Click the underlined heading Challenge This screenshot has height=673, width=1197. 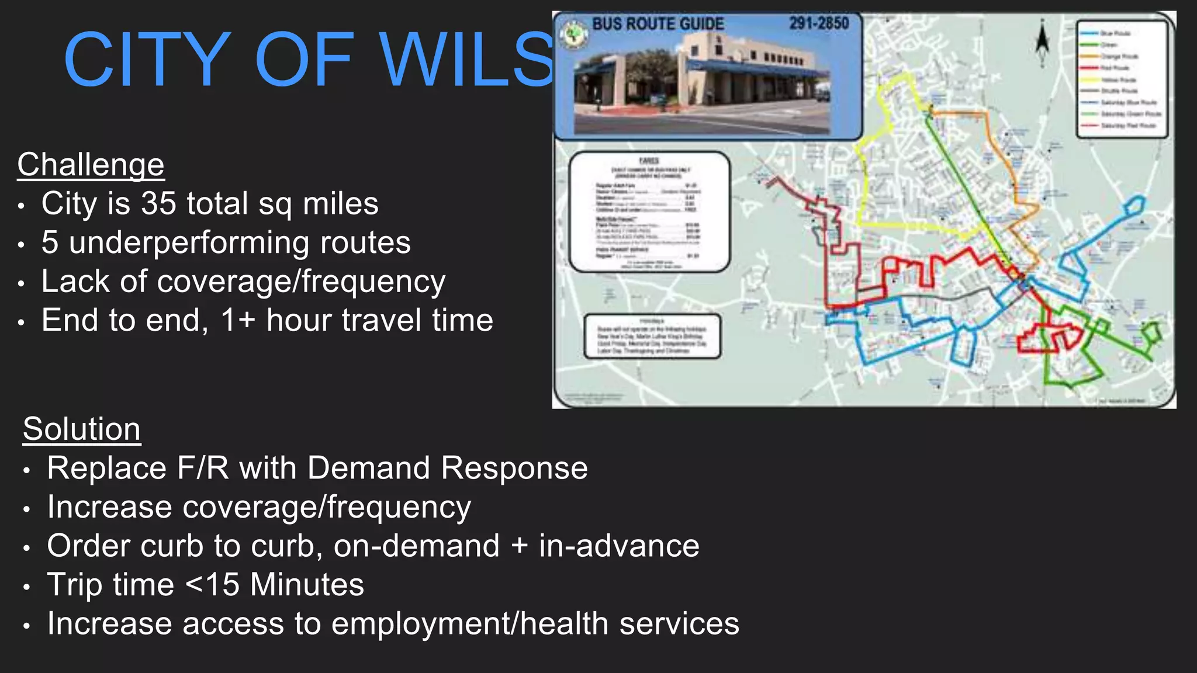coord(91,165)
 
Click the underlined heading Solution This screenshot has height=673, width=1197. coord(82,429)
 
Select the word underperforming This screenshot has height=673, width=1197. coord(189,243)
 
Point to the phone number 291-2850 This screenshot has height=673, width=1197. coord(819,23)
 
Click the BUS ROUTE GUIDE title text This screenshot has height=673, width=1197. coord(658,24)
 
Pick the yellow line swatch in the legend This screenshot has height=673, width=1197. coord(1089,79)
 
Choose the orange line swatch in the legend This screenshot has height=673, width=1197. coord(1089,56)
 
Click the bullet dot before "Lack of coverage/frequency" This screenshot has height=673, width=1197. coord(21,284)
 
